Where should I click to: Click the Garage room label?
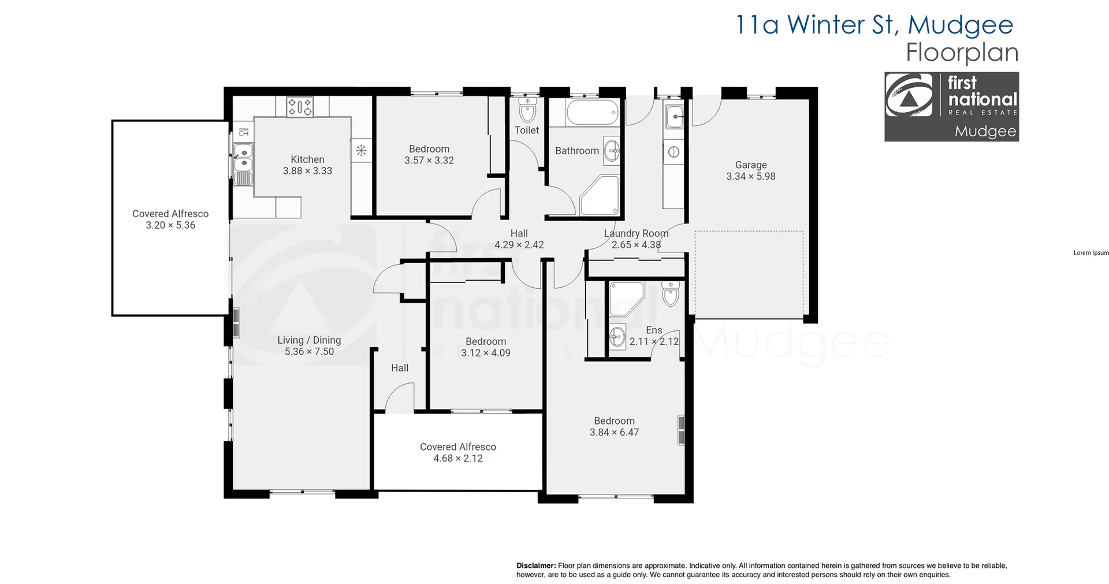click(750, 165)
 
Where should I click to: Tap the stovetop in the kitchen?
click(300, 107)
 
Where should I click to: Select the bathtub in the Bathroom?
click(593, 113)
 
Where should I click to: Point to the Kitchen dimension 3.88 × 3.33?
click(307, 171)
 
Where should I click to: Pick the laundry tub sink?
click(674, 117)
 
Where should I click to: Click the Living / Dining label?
click(309, 340)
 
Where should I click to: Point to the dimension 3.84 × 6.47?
click(614, 433)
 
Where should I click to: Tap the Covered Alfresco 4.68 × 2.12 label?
click(458, 452)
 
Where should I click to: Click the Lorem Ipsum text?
click(1091, 253)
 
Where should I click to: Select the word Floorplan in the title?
click(962, 53)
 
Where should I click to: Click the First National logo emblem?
click(909, 96)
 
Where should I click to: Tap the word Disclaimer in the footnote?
click(535, 566)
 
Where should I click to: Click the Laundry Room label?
click(636, 233)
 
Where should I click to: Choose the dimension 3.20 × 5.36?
click(170, 225)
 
